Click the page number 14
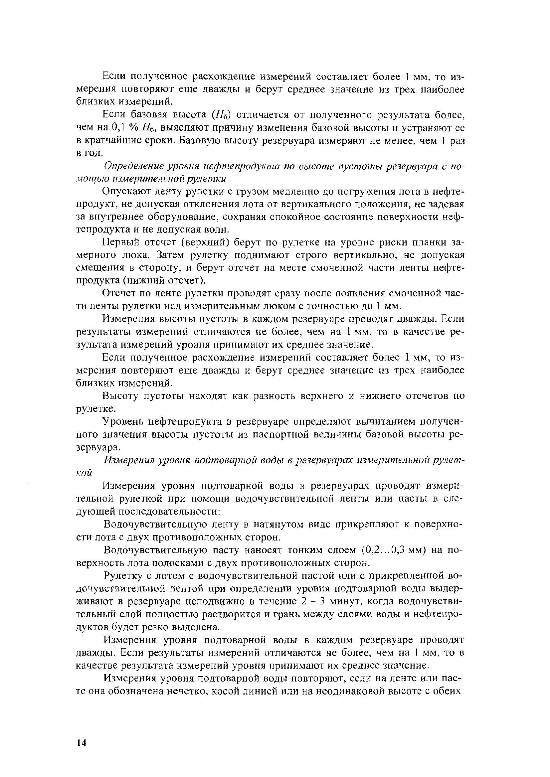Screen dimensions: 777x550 tap(82, 740)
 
